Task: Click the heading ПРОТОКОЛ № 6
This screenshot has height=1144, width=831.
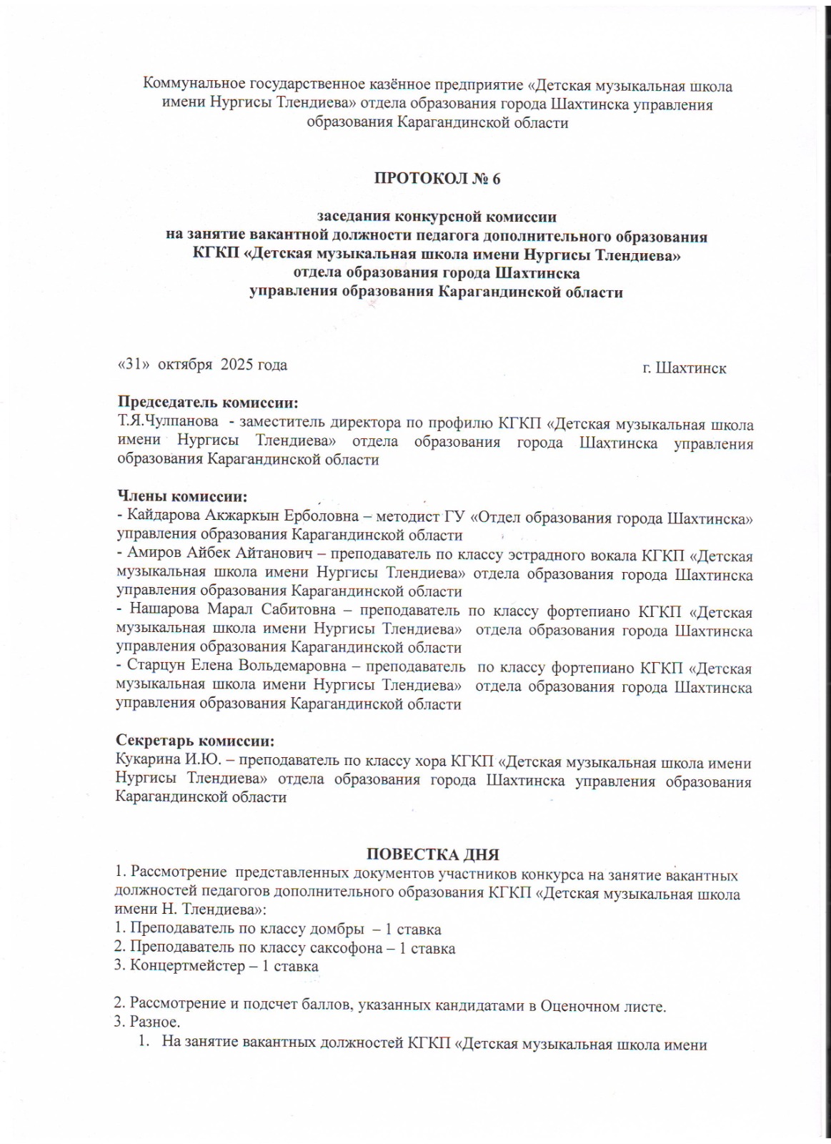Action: [x=437, y=179]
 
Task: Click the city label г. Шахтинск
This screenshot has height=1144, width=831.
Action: [x=684, y=368]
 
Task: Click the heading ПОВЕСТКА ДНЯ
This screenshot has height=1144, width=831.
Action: [x=432, y=854]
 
